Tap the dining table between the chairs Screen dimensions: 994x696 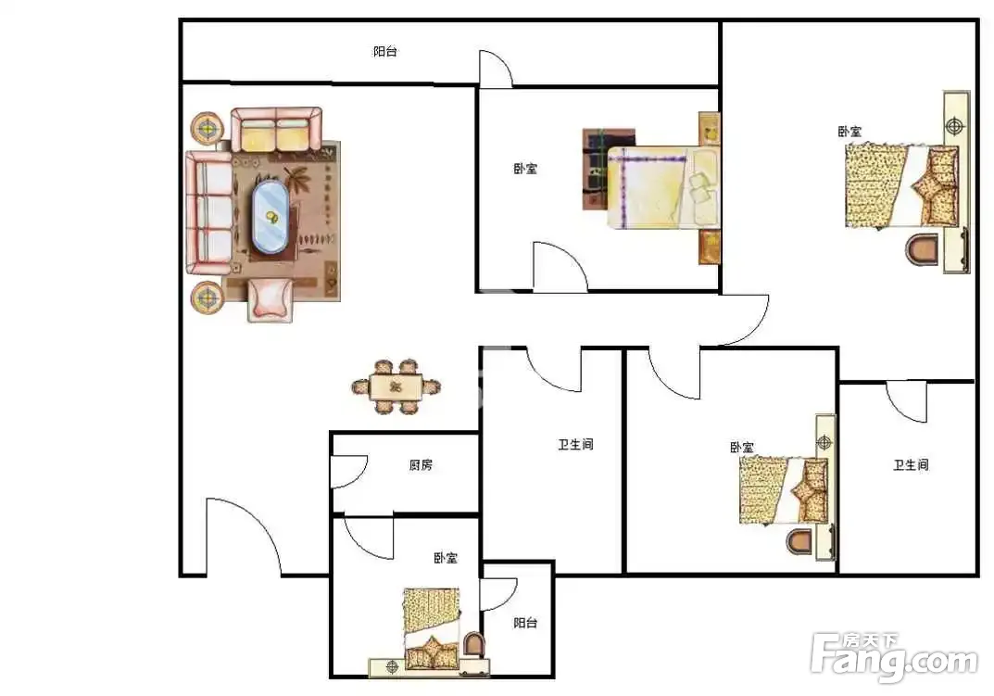tap(396, 386)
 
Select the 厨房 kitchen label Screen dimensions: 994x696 tap(421, 465)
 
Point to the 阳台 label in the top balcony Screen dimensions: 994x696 tap(384, 51)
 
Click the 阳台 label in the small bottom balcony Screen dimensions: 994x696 tap(525, 623)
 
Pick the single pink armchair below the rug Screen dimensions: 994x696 tap(271, 299)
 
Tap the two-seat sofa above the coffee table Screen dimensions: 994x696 tap(276, 130)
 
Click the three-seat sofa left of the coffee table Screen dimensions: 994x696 tap(208, 212)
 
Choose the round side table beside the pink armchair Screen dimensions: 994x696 tap(207, 297)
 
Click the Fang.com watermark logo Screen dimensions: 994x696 tap(894, 657)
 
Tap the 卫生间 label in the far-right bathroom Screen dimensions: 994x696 tap(911, 465)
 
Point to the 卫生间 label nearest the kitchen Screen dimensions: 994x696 tap(575, 445)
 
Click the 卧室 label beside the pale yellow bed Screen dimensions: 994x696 tap(525, 169)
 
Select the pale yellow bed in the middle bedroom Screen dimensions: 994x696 tap(663, 187)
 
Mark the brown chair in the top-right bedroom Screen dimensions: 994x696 tap(921, 249)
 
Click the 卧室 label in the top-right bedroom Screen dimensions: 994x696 tap(850, 132)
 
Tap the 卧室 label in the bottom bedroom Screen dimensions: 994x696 tap(446, 558)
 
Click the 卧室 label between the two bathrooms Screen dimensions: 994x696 tap(742, 448)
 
